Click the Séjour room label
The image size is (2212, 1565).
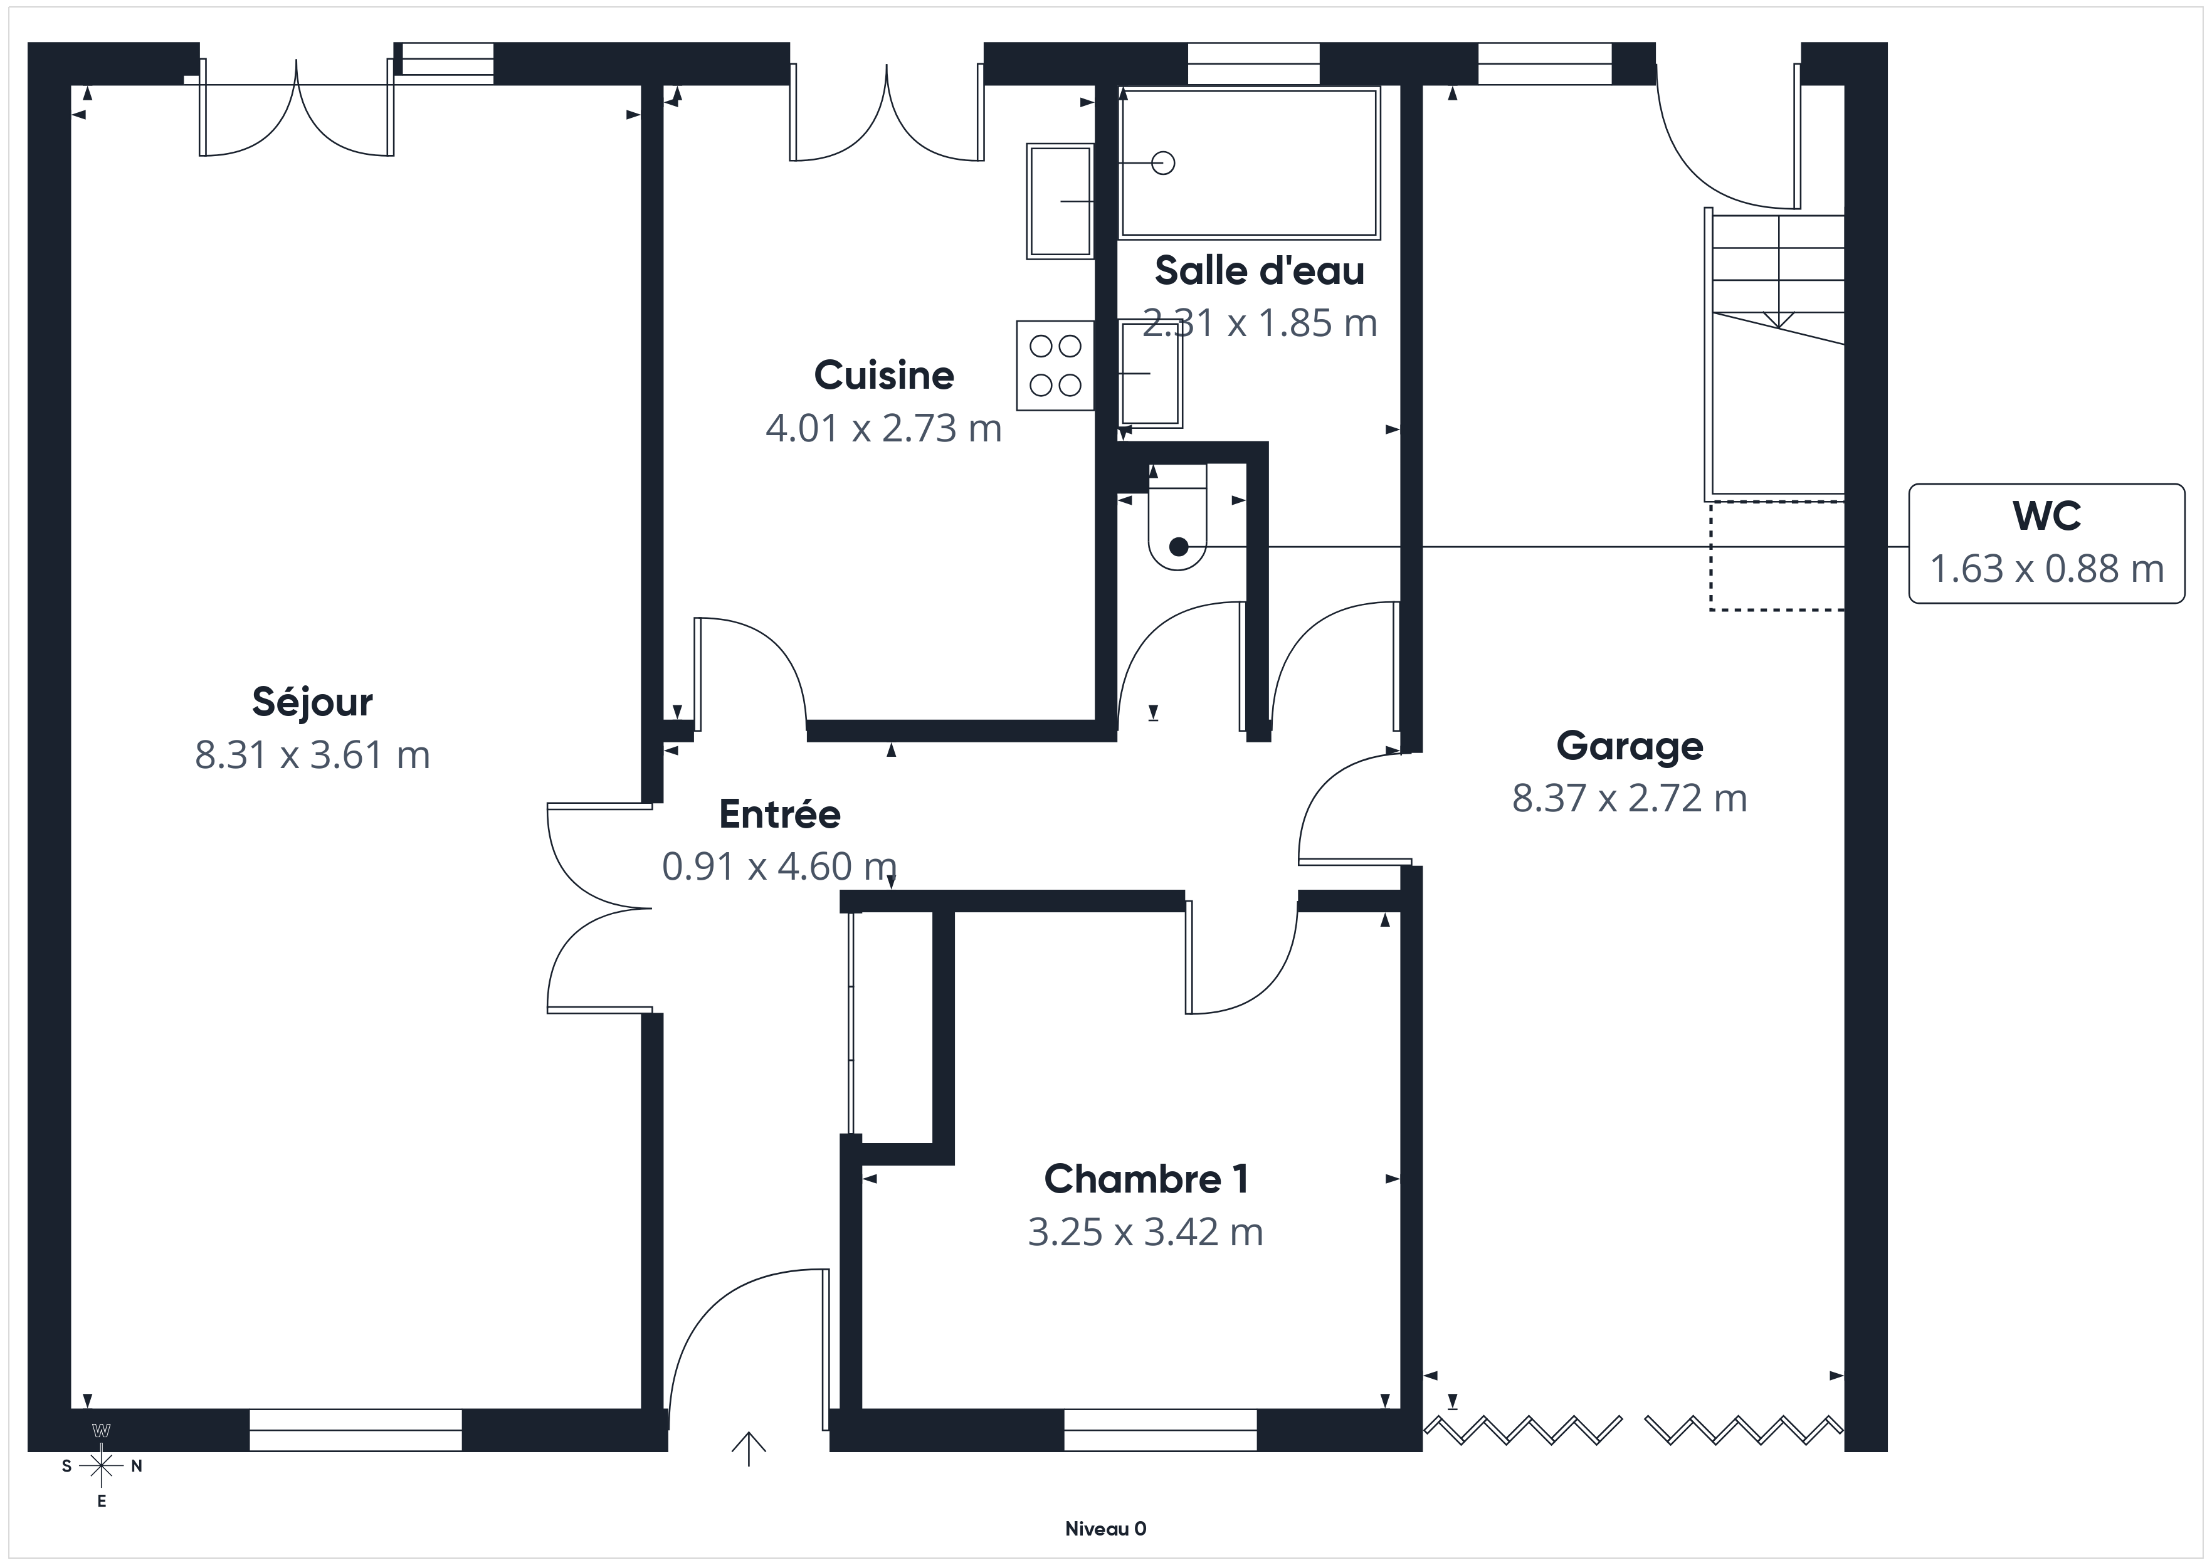pos(312,702)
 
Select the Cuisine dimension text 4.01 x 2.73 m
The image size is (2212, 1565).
pos(883,428)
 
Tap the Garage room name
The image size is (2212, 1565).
pos(1629,747)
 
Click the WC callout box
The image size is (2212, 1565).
pos(2046,544)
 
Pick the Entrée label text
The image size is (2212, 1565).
pos(779,814)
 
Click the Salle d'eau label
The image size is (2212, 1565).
pos(1259,271)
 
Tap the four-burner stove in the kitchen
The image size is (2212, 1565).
pos(1055,366)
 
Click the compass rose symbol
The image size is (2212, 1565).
pos(101,1466)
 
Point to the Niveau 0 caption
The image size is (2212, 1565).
pos(1105,1529)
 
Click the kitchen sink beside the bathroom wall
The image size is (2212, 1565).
pos(1060,201)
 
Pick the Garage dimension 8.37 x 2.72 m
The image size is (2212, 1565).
pos(1629,799)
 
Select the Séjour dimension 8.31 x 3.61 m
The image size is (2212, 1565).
pos(312,754)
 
